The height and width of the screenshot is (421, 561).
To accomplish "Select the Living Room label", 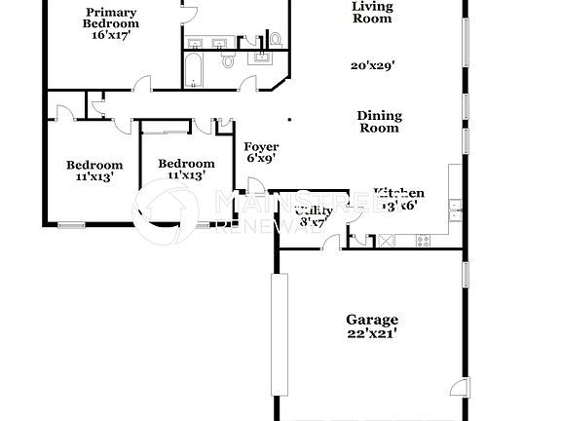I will pos(372,12).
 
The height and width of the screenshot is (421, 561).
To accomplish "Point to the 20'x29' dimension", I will pos(372,66).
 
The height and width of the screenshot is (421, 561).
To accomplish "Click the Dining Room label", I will pos(380,122).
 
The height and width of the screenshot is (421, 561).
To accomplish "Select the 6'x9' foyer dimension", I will pos(261,158).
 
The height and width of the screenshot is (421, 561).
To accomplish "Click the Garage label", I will pos(372,320).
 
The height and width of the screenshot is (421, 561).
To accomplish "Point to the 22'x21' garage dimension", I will pos(372,333).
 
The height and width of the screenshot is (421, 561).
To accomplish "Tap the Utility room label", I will pos(314,210).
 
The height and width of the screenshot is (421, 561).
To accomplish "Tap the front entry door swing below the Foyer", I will pos(255,187).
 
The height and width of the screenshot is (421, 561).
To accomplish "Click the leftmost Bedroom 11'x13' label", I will pos(94,171).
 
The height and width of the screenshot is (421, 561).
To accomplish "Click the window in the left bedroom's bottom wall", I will pos(72,226).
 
